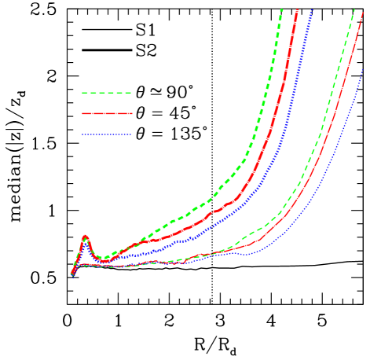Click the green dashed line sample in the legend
106,93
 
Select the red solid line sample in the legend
106,113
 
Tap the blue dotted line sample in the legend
106,134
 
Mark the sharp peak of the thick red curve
85,236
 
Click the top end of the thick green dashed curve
281,9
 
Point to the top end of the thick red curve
297,9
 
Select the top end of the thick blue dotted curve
312,9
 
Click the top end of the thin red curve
363,12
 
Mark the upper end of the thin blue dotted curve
363,69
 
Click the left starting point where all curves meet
72,273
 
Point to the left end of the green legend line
82,93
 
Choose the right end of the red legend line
131,113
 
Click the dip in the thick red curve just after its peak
102,260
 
